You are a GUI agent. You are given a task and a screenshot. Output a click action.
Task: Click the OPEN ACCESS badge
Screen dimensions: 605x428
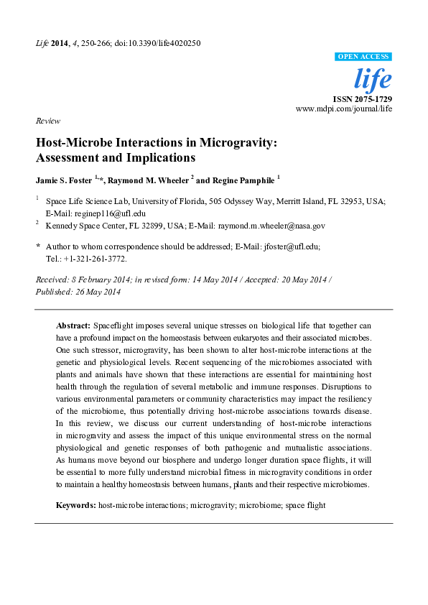click(x=363, y=57)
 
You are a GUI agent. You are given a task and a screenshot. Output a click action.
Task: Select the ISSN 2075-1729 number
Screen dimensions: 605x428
click(x=362, y=98)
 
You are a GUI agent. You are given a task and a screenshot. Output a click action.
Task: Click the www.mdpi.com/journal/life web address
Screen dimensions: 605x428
click(x=344, y=108)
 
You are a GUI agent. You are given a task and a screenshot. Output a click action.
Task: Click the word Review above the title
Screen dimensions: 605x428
click(x=47, y=121)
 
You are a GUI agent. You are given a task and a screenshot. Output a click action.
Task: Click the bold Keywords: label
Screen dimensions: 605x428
click(x=76, y=505)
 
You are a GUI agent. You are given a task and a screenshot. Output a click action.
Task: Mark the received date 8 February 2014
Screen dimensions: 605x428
click(x=98, y=280)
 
